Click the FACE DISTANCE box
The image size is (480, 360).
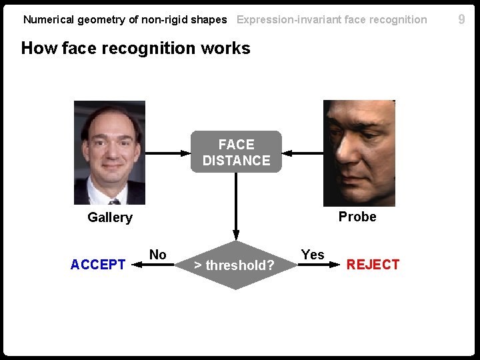(236, 152)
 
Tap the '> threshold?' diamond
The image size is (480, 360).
(235, 265)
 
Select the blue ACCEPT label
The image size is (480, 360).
(98, 265)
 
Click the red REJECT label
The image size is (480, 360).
(373, 265)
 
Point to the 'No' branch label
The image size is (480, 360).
(158, 255)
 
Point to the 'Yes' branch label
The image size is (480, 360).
(312, 255)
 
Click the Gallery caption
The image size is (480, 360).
(110, 217)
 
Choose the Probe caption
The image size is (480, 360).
(357, 217)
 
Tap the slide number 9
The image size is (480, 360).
(461, 19)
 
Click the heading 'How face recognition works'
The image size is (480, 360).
(136, 48)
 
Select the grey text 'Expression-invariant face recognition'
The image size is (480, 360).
(332, 19)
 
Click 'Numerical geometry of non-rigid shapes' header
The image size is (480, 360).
(125, 19)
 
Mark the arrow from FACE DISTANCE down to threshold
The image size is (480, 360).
(235, 207)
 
